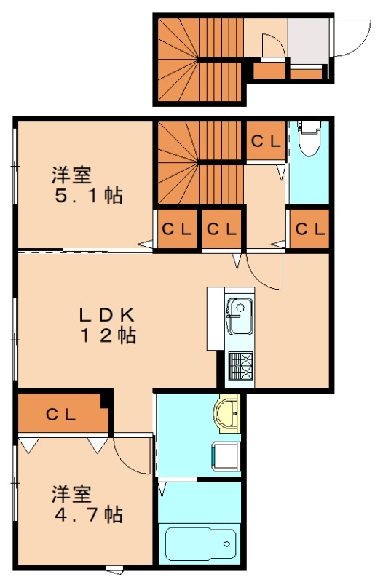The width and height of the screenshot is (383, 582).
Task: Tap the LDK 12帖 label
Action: [107, 325]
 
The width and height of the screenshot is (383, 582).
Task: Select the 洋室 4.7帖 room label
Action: [86, 504]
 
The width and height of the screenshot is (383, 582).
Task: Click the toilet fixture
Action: [309, 137]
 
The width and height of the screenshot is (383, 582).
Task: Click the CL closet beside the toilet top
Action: [266, 141]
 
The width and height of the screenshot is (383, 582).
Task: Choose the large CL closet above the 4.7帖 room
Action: [61, 415]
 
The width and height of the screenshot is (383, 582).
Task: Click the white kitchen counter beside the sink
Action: [215, 319]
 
